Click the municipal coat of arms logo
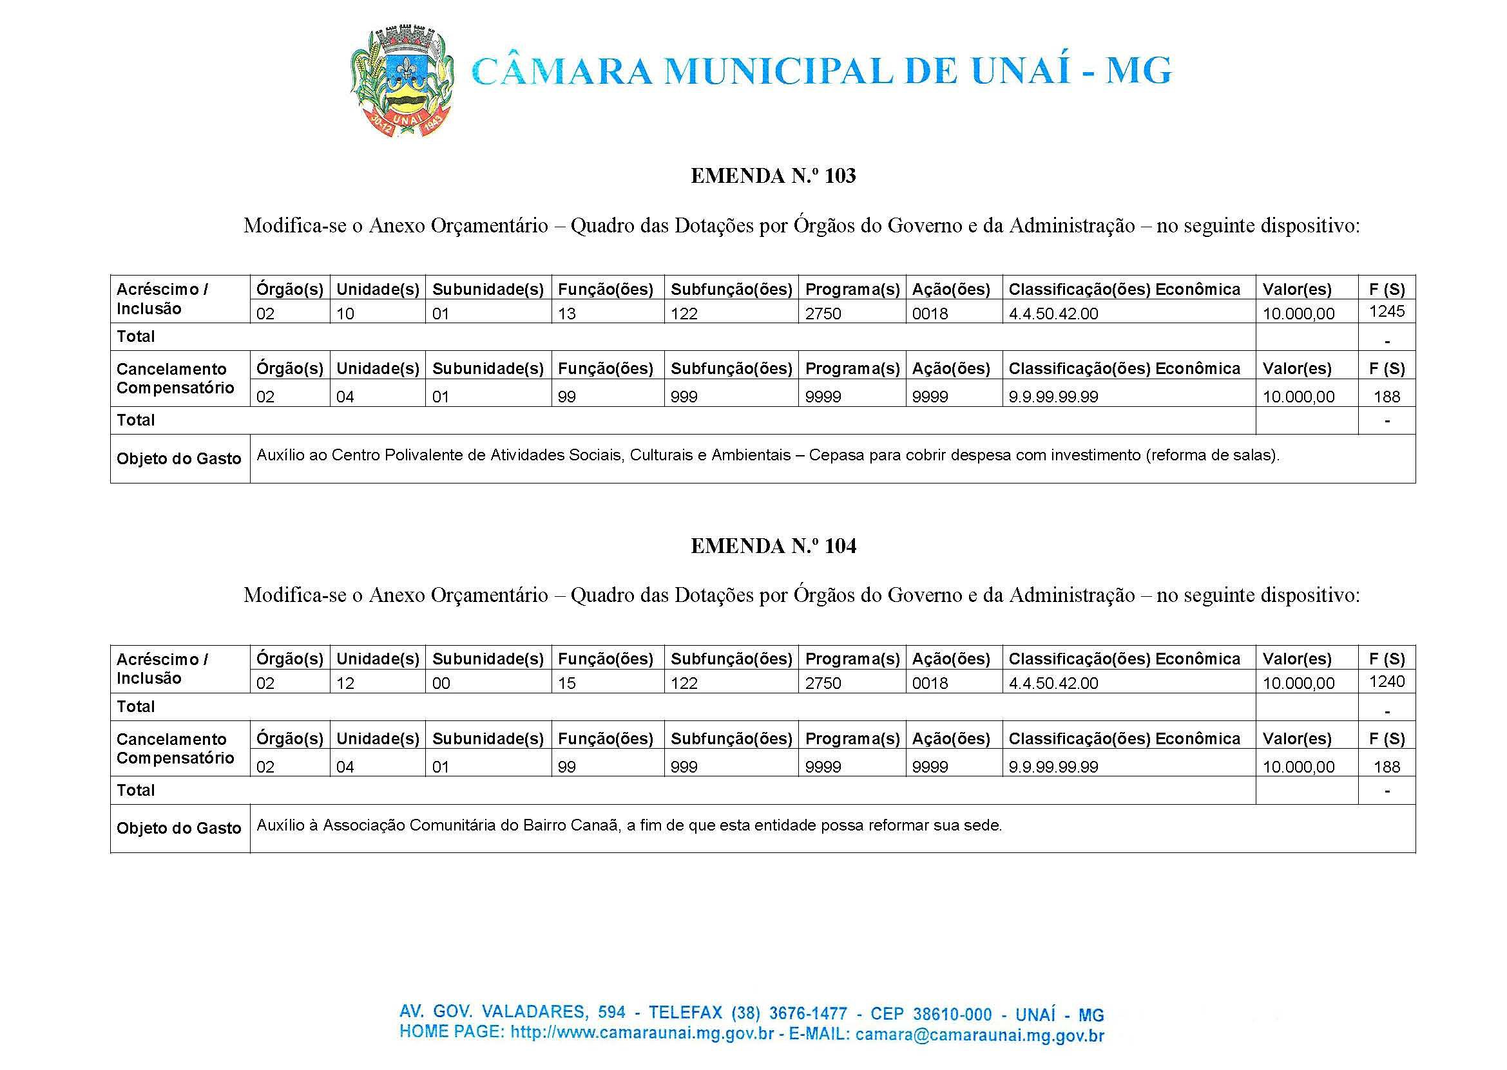[x=401, y=81]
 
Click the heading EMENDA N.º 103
[x=773, y=176]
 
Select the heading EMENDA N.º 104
[x=773, y=546]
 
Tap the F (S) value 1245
[x=1387, y=311]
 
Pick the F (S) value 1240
[x=1387, y=681]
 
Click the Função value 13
[x=567, y=314]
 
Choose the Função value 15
[x=567, y=684]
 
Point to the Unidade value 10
[x=345, y=314]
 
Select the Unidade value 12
[x=345, y=684]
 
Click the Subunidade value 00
[x=441, y=684]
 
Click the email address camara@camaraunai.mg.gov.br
[x=979, y=1035]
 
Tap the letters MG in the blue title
[x=1139, y=71]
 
